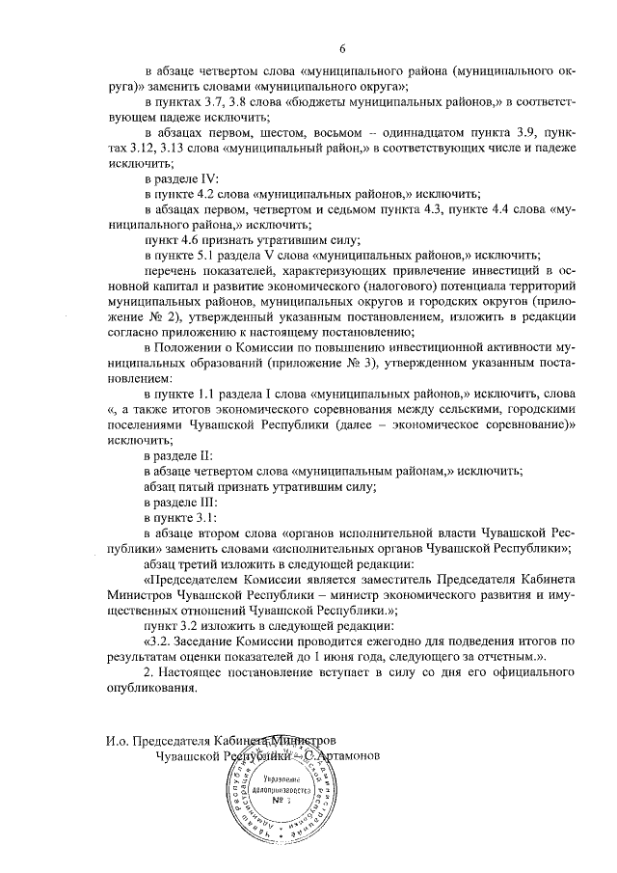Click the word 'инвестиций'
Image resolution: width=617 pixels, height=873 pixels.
point(498,273)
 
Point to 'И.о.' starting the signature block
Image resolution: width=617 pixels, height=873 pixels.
point(120,742)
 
